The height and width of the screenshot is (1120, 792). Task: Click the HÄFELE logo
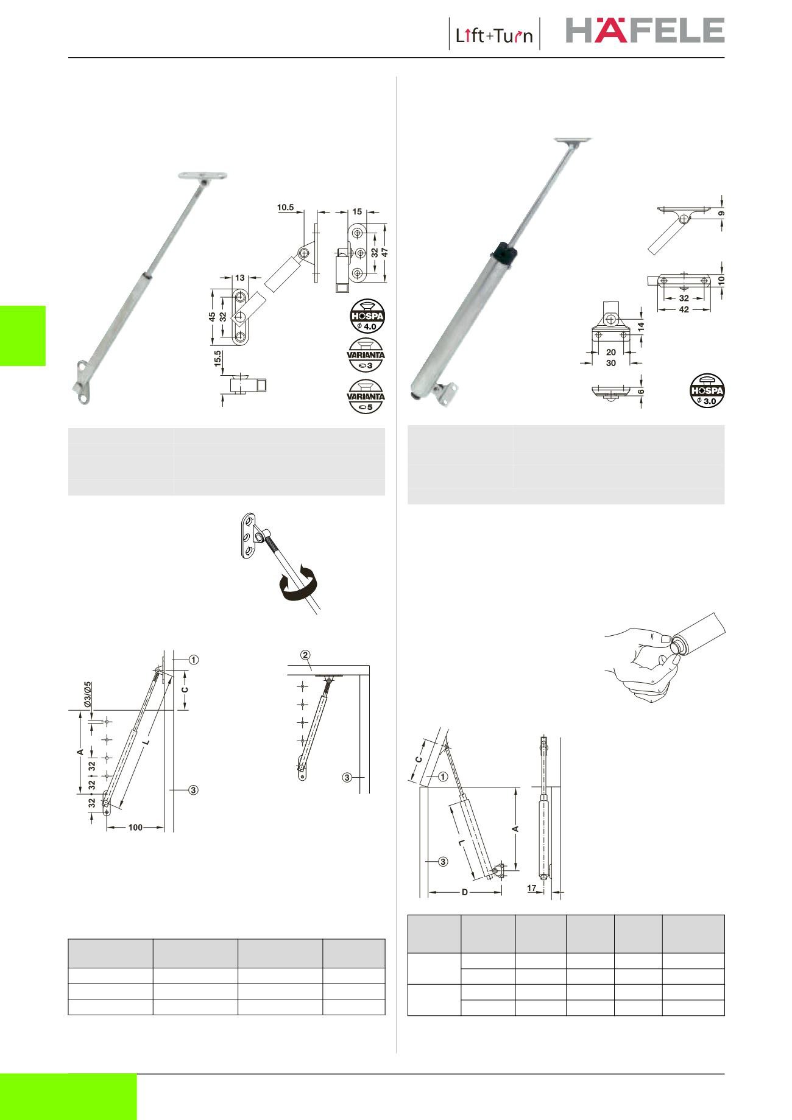[645, 30]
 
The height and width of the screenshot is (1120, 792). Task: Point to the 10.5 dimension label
[286, 207]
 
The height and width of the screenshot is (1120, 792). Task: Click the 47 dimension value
[385, 252]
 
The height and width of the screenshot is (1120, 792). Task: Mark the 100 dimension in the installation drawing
[135, 828]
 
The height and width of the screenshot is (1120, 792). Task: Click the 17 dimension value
[532, 889]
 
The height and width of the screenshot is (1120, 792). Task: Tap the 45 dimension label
[213, 317]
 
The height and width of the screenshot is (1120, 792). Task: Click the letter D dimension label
[464, 892]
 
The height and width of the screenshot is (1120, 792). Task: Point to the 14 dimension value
[641, 326]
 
